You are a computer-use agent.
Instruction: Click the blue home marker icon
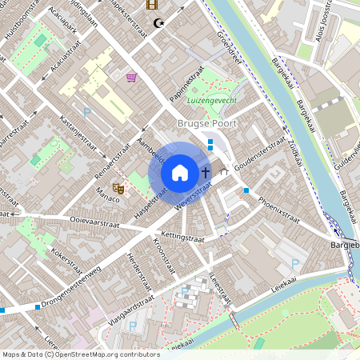[x=180, y=173]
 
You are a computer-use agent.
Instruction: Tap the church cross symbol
[x=206, y=172]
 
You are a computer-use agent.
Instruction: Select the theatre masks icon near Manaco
[x=119, y=189]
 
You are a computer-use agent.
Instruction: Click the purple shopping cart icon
[x=131, y=78]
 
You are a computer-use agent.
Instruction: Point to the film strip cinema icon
[x=152, y=5]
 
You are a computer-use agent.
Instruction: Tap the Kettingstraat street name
[x=183, y=238]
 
